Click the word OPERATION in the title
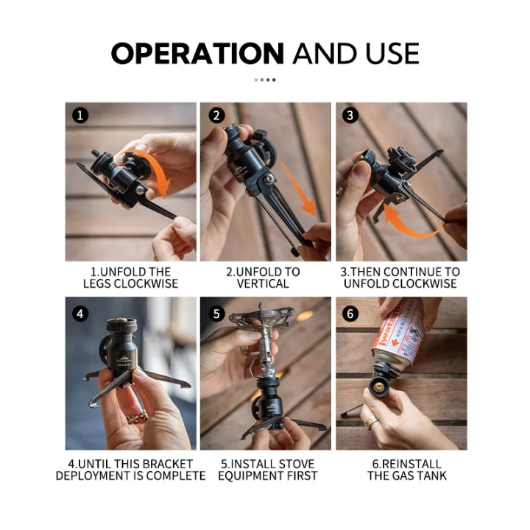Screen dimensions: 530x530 pos(197,54)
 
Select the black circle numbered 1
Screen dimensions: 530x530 pos(80,116)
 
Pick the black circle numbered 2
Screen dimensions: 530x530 pos(216,116)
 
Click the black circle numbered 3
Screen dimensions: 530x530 pos(351,116)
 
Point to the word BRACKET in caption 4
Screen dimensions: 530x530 pos(167,464)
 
